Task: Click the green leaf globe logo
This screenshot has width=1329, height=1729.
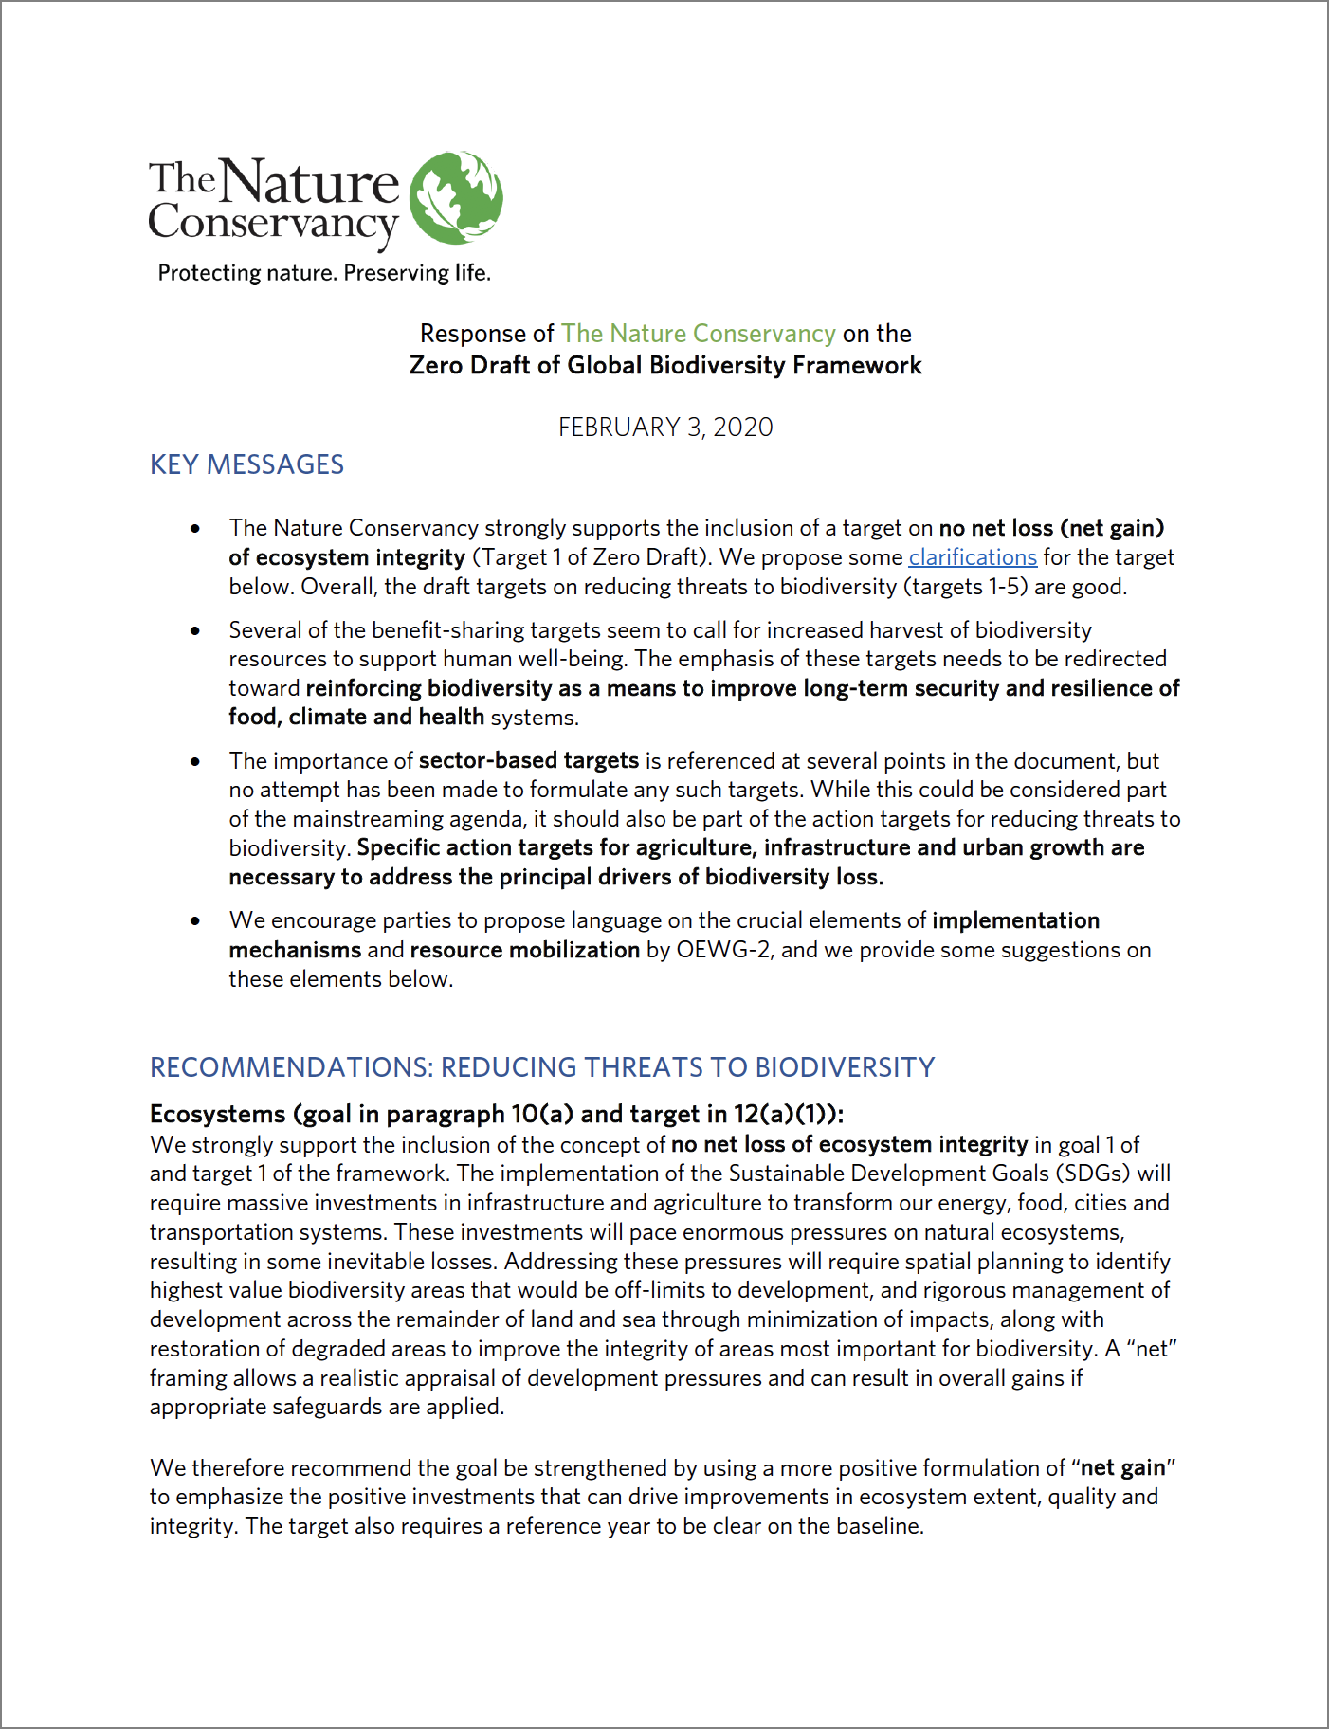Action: click(456, 197)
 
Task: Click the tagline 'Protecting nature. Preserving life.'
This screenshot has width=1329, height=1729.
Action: click(324, 273)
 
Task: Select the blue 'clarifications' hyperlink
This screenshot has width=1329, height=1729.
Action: click(972, 557)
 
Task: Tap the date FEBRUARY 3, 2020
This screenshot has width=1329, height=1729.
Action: click(664, 427)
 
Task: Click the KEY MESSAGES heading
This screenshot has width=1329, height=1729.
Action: click(246, 464)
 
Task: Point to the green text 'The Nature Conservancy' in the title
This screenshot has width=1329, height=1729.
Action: click(698, 334)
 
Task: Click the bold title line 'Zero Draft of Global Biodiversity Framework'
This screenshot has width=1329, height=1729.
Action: click(664, 365)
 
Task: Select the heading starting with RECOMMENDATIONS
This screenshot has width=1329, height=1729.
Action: click(542, 1067)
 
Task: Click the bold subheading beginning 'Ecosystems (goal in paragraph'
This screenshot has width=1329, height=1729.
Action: click(497, 1114)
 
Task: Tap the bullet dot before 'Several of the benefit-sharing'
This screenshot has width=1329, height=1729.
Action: click(195, 630)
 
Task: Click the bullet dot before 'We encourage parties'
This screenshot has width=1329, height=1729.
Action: click(195, 920)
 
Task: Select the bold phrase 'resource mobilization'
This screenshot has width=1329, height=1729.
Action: click(524, 950)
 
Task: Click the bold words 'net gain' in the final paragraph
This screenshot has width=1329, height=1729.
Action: click(1122, 1468)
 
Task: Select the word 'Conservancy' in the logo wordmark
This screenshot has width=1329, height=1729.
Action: click(272, 224)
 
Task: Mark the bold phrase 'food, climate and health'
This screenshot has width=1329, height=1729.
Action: click(356, 717)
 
